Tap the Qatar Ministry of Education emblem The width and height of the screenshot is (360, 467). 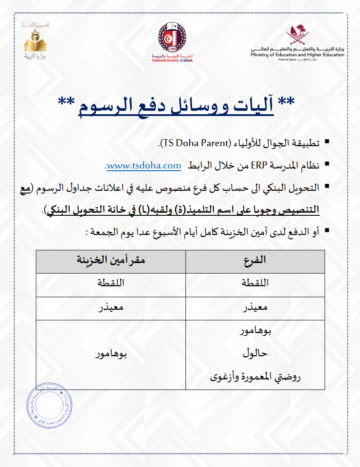297,36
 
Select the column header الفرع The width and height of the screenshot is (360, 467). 255,261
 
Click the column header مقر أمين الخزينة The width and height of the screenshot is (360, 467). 111,261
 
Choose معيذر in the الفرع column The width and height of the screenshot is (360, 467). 255,308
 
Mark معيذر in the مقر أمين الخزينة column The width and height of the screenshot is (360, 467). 111,308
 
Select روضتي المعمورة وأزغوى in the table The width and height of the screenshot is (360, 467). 255,376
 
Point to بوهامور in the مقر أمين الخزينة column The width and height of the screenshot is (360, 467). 111,354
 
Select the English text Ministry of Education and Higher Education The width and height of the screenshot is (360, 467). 297,55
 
